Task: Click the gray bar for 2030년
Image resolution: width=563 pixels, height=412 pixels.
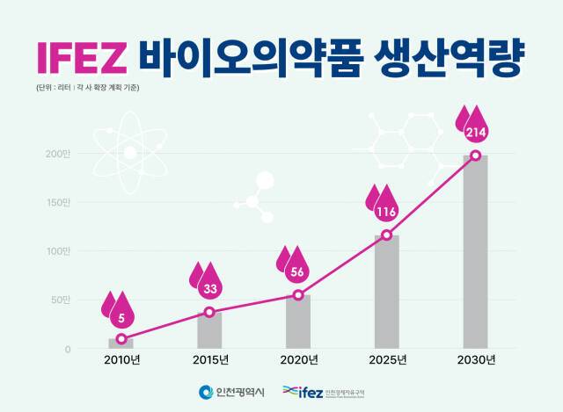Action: coord(475,255)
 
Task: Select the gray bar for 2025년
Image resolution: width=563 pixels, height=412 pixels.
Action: coord(386,294)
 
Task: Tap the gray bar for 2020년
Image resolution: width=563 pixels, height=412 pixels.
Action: coord(298,323)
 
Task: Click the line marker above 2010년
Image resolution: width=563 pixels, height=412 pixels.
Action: coord(121,339)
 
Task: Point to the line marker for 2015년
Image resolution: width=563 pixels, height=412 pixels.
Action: coord(209,312)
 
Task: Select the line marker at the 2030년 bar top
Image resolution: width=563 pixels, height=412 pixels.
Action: coord(475,155)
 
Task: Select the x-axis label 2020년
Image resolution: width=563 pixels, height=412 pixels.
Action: coord(298,359)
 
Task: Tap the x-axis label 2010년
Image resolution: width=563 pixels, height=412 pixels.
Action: coord(121,359)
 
